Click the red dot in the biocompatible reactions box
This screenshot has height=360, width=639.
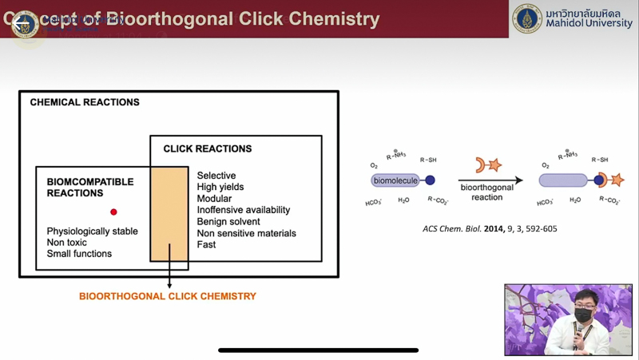click(x=113, y=212)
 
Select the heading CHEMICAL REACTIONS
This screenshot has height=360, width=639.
click(x=85, y=102)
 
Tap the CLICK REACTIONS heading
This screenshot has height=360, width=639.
click(x=208, y=148)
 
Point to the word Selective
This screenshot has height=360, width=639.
click(x=216, y=176)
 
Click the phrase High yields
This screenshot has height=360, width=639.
click(x=220, y=187)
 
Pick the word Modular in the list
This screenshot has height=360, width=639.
click(x=214, y=199)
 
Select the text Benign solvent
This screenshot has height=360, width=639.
click(x=228, y=221)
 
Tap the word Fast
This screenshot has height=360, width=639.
click(x=206, y=244)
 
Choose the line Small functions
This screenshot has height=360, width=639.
click(x=79, y=254)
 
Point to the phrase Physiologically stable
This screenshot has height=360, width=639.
click(x=92, y=231)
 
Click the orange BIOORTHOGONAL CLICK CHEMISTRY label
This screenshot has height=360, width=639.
click(x=168, y=296)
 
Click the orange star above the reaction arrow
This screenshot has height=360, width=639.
click(x=494, y=165)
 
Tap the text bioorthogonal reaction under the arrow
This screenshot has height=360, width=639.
click(x=487, y=192)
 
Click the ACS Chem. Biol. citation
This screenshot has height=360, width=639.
click(x=490, y=229)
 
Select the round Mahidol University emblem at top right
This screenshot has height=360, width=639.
click(x=527, y=18)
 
